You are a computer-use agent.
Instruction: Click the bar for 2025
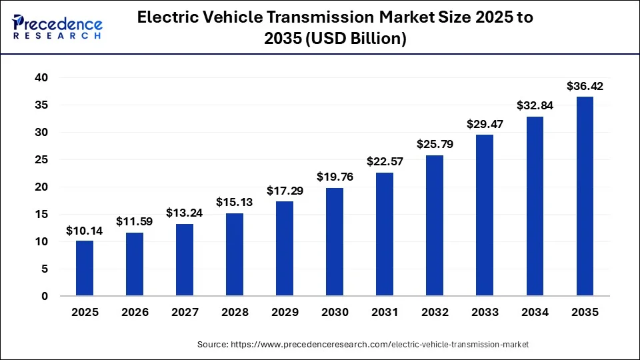(85, 268)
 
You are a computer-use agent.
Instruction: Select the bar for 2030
(335, 242)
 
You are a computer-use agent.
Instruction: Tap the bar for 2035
(585, 197)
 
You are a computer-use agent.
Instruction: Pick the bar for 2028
(235, 255)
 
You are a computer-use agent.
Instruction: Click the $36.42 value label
(585, 86)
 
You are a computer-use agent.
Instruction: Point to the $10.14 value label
(85, 231)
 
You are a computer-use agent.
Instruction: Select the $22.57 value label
(385, 161)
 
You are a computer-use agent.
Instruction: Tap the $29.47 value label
(485, 124)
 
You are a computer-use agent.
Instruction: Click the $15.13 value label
(235, 202)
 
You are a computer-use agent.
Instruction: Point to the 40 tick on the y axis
(41, 78)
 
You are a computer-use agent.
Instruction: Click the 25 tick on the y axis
(41, 160)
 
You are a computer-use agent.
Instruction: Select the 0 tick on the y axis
(45, 296)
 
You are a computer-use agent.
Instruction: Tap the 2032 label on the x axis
(435, 312)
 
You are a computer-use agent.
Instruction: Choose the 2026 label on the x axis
(135, 312)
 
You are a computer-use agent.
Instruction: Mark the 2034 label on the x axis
(535, 312)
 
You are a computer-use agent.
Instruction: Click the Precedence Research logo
(57, 27)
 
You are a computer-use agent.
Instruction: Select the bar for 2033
(485, 215)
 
